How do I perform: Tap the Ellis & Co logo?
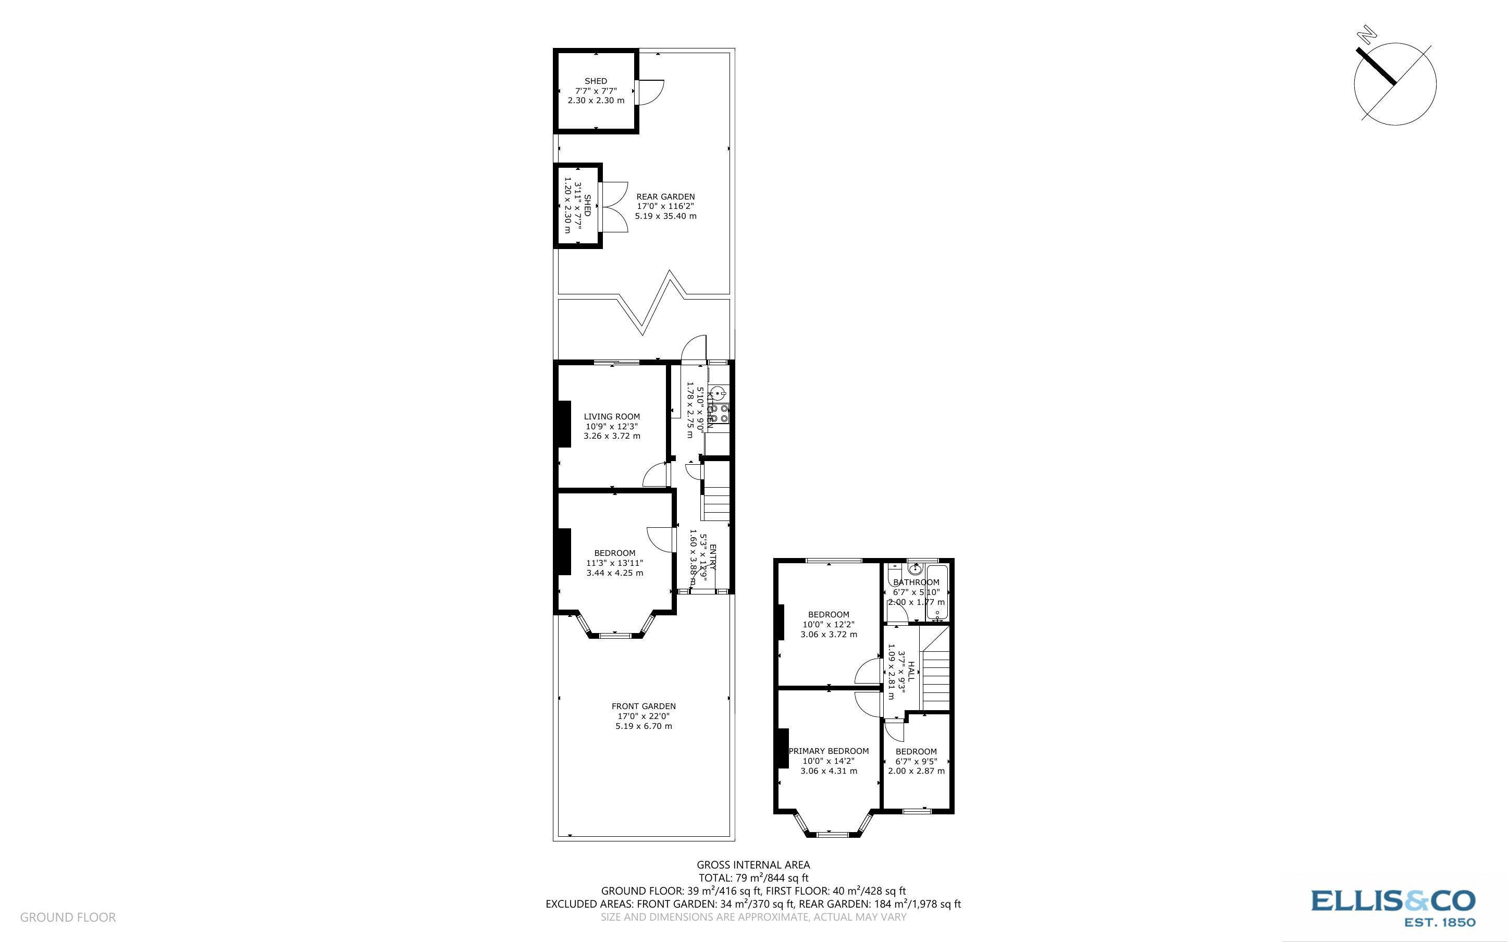tap(1393, 907)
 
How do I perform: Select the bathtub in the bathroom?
tap(937, 592)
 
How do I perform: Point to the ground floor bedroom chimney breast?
tap(564, 551)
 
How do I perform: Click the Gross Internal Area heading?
tap(753, 865)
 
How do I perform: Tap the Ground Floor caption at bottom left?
tap(68, 917)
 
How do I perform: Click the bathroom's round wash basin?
tap(915, 569)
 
